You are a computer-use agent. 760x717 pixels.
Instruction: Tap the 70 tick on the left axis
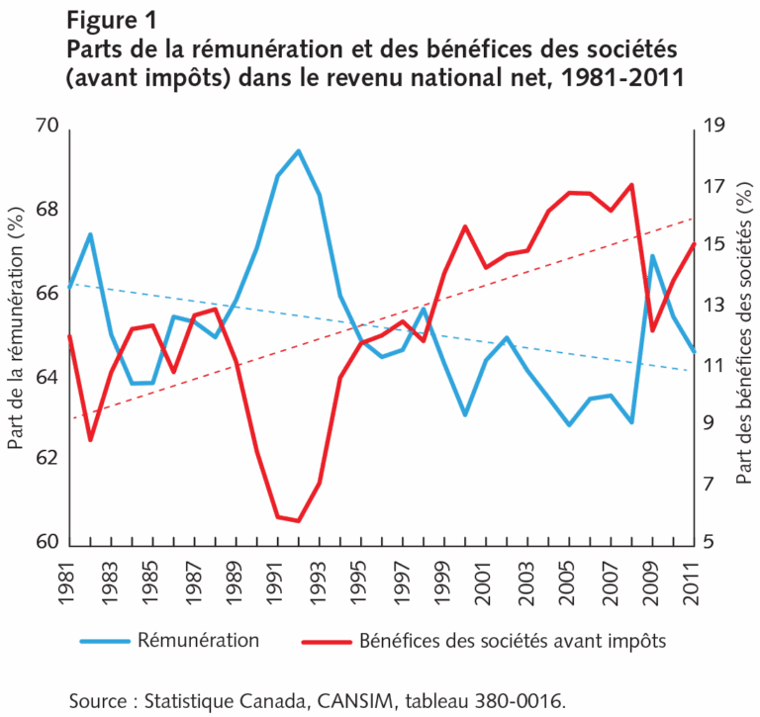[48, 127]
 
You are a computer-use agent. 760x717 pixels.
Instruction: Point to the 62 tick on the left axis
[48, 459]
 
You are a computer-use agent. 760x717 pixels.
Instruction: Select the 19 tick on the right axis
[713, 127]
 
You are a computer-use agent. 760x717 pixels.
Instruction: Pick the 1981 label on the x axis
[68, 578]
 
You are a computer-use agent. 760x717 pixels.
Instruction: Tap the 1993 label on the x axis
[321, 578]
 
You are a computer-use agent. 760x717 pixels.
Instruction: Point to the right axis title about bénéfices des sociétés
[743, 336]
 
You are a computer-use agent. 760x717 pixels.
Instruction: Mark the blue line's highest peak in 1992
[298, 150]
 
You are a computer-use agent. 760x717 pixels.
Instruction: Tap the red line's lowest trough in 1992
[298, 521]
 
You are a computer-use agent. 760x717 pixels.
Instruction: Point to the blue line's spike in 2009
[653, 256]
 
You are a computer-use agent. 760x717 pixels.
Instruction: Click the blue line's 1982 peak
[90, 234]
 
